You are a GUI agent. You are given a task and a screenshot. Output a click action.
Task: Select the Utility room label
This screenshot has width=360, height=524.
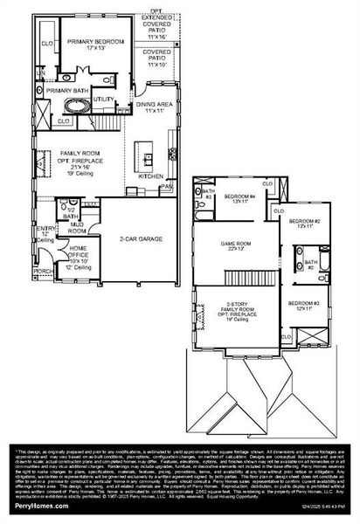pyautogui.click(x=103, y=100)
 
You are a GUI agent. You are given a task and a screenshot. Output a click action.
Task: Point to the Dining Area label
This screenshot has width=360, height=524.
pyautogui.click(x=155, y=108)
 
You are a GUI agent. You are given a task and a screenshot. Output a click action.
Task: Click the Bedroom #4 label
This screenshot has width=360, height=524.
pyautogui.click(x=239, y=198)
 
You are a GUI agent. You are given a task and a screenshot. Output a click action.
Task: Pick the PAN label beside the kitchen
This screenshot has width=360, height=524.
pyautogui.click(x=165, y=186)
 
